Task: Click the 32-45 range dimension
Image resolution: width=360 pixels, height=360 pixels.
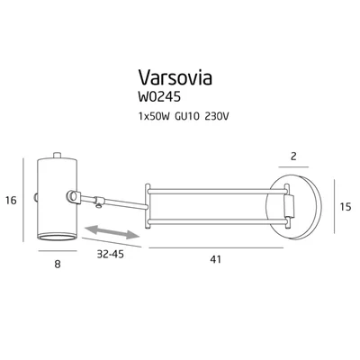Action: [x=109, y=255]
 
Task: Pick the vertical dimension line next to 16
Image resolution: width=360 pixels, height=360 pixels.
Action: [x=23, y=202]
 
